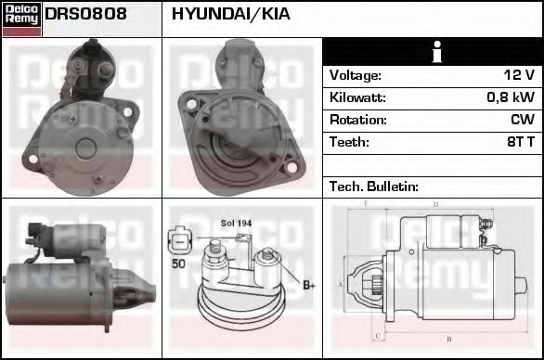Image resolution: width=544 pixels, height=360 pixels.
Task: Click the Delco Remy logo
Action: coord(21,19)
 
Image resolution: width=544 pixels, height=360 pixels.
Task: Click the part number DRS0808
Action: coord(84,15)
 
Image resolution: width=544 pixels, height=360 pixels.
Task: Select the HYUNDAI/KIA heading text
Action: coord(230,15)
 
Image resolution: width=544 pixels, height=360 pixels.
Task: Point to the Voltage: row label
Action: coord(356,75)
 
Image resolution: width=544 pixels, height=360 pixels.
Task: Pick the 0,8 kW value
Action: coord(511,97)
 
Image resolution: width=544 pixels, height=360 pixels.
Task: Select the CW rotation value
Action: coord(522,120)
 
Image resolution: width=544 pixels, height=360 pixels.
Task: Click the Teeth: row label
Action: coord(349,142)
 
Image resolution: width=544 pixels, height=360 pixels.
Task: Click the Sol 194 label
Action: coord(236,224)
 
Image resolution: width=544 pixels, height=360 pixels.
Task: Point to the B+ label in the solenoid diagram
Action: coord(308,285)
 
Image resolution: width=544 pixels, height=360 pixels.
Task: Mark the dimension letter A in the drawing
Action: coord(340,283)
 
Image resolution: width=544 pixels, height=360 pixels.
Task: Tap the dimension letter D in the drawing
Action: coord(434,205)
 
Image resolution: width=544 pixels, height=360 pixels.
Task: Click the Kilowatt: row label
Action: coord(357,97)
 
